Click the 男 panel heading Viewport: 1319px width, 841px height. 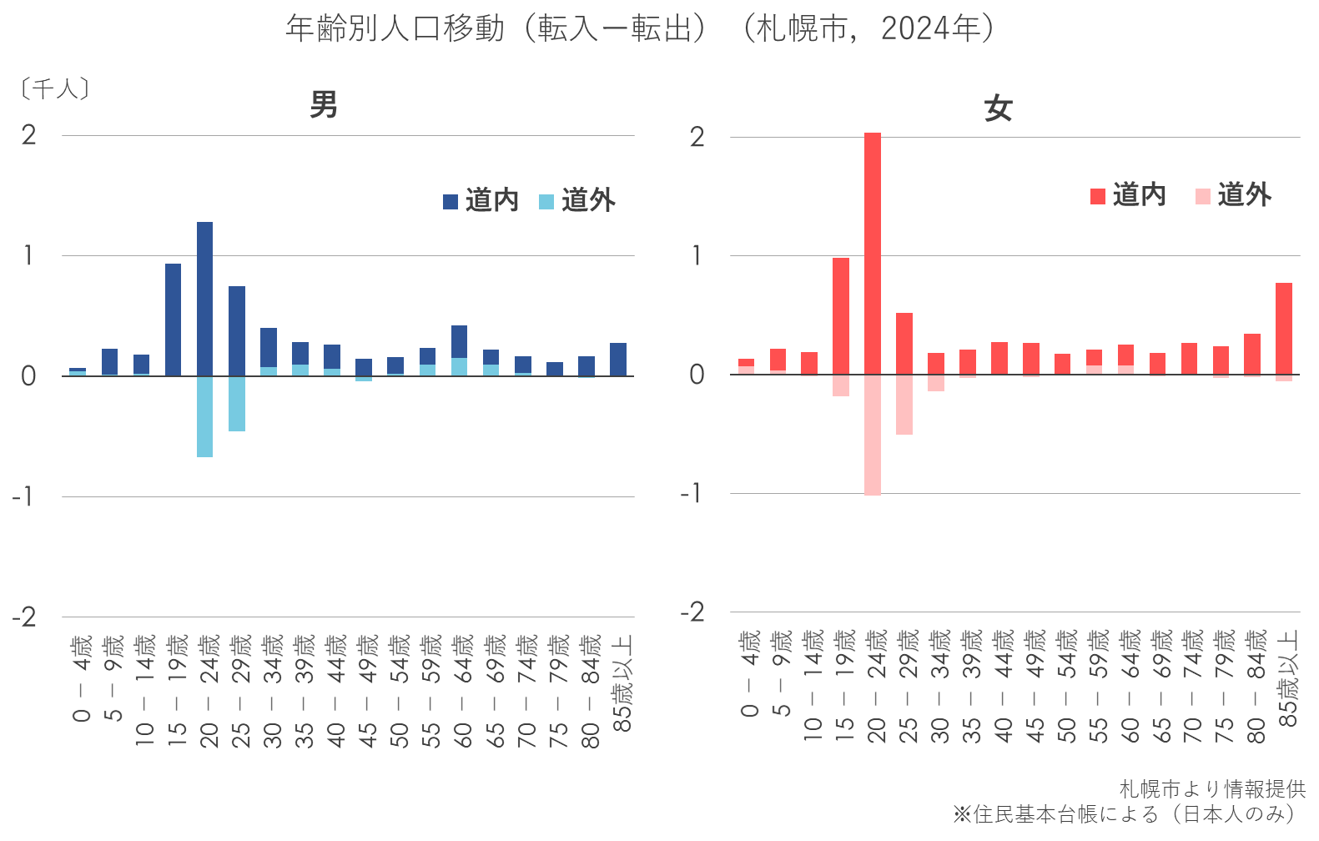pyautogui.click(x=324, y=105)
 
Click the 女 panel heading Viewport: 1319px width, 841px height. pyautogui.click(x=998, y=108)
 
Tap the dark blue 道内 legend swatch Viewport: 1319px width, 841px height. pyautogui.click(x=451, y=202)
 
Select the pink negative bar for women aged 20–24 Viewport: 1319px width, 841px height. pyautogui.click(x=873, y=435)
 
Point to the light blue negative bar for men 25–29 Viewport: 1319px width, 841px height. pyautogui.click(x=237, y=404)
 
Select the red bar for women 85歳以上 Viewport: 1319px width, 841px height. pyautogui.click(x=1284, y=329)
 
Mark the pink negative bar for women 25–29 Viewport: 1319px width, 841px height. pyautogui.click(x=904, y=405)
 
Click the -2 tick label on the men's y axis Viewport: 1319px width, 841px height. pyautogui.click(x=24, y=618)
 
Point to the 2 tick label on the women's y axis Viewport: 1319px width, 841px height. pyautogui.click(x=697, y=137)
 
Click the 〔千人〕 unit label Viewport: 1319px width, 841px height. pyautogui.click(x=55, y=88)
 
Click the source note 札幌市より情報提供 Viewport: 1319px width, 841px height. pyautogui.click(x=1212, y=788)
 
